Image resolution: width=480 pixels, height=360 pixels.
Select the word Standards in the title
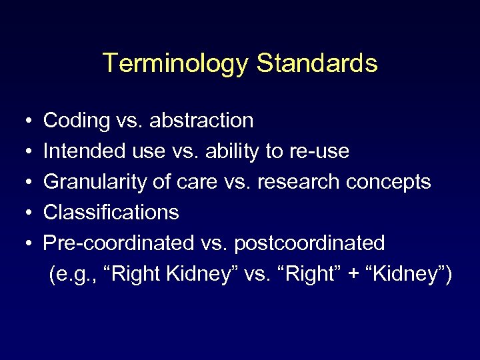pos(317,64)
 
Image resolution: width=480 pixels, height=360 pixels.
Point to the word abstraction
pos(201,121)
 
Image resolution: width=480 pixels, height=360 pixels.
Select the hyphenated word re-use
pos(319,151)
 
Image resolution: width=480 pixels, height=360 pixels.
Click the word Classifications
pos(111,213)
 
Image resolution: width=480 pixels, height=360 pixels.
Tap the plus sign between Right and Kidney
pos(350,274)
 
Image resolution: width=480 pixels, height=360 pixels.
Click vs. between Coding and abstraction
pos(130,121)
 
